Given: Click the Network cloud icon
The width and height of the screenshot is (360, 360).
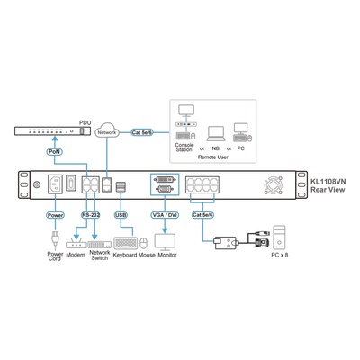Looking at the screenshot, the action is click(x=107, y=130).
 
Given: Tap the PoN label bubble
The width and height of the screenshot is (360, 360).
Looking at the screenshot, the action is click(x=55, y=152).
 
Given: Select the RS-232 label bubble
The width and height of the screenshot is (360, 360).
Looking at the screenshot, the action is click(x=91, y=215).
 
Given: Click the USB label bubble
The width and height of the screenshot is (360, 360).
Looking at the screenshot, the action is click(x=121, y=215).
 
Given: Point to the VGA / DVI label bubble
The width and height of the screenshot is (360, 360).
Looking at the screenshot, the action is click(x=165, y=215).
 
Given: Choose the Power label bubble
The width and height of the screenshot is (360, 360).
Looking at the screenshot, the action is click(x=55, y=215).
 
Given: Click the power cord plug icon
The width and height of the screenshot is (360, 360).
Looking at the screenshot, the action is click(x=55, y=240).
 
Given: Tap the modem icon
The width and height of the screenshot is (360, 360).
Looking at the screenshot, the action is click(x=76, y=244).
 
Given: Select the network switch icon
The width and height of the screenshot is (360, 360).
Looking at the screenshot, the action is click(x=99, y=245).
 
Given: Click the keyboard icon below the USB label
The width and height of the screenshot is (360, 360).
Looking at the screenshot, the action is click(x=126, y=243).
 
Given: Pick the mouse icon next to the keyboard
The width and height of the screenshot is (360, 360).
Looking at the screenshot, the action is click(x=144, y=243).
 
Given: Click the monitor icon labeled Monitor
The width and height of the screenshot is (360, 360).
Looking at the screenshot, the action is click(x=165, y=242).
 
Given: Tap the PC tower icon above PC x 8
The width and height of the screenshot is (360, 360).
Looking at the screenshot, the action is click(x=279, y=238).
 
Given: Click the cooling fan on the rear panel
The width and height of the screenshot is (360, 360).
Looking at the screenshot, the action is click(x=274, y=184).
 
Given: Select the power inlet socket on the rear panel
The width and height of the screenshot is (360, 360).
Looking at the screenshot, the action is click(x=55, y=184).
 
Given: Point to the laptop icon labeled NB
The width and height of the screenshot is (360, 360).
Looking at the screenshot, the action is click(x=216, y=134).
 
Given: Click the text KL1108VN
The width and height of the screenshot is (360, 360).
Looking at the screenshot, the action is click(x=328, y=182).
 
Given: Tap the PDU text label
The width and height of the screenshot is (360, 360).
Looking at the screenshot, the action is click(x=85, y=122).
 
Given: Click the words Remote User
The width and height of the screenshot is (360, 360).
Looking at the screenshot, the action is click(x=213, y=157).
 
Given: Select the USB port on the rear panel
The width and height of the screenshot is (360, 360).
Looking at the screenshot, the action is click(x=121, y=187).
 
